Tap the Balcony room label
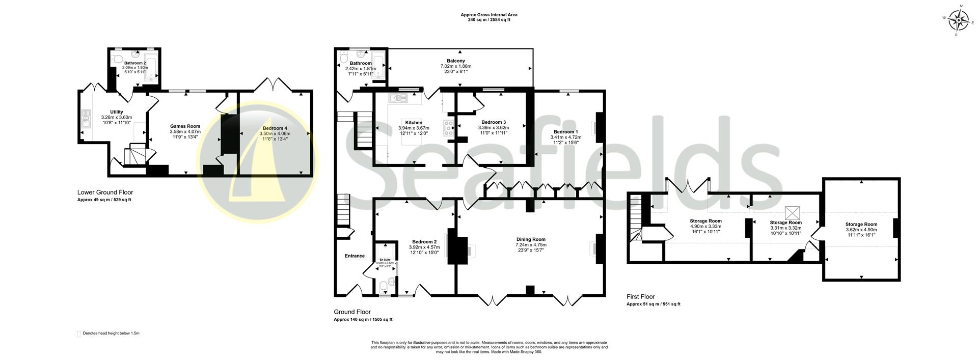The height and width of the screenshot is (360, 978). (x=456, y=61)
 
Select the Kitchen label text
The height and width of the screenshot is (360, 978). (x=414, y=123)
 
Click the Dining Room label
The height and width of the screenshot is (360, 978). (x=531, y=239)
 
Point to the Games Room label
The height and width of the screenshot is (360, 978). (x=185, y=126)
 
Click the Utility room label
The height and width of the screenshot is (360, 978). (x=117, y=112)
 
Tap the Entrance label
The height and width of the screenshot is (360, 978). (x=355, y=256)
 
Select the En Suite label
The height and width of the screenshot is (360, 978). (x=385, y=260)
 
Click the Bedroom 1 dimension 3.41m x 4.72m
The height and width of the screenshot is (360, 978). (x=565, y=137)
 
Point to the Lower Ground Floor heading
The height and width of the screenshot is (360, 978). (x=105, y=192)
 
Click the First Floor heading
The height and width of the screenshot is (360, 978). (x=641, y=297)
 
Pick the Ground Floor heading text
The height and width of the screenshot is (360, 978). (x=352, y=312)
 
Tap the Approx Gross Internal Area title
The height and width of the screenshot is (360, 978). (x=489, y=15)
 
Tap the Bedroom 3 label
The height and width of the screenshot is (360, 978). (x=494, y=122)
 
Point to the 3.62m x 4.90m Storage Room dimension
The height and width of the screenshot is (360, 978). (x=861, y=230)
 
